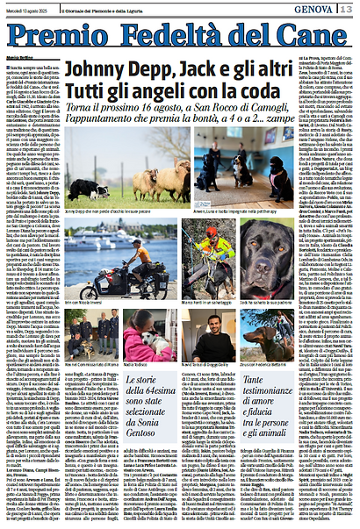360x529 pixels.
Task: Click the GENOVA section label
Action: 313,8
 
